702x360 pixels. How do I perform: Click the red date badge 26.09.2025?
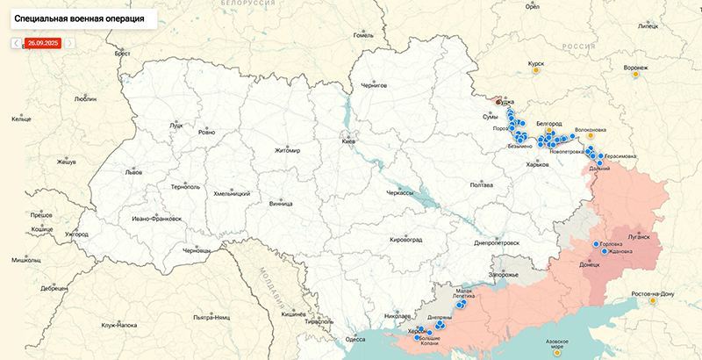coord(42,42)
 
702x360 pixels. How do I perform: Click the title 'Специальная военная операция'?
coord(80,18)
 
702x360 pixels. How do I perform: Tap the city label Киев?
coord(348,141)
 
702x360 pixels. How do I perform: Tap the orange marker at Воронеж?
coord(634,76)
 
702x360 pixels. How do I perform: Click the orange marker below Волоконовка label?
coord(591,136)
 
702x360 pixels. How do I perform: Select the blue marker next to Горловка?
coord(597,244)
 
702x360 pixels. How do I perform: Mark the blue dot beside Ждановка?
coord(605,251)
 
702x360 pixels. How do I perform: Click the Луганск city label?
coord(639,237)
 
